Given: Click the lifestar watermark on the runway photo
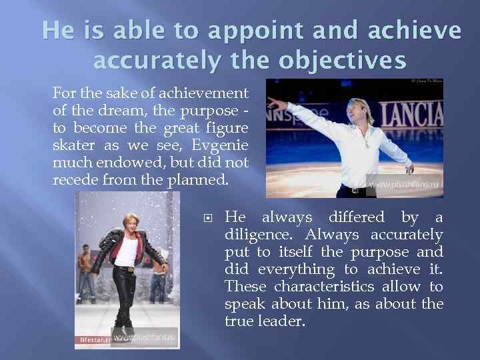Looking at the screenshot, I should [x=93, y=339].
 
